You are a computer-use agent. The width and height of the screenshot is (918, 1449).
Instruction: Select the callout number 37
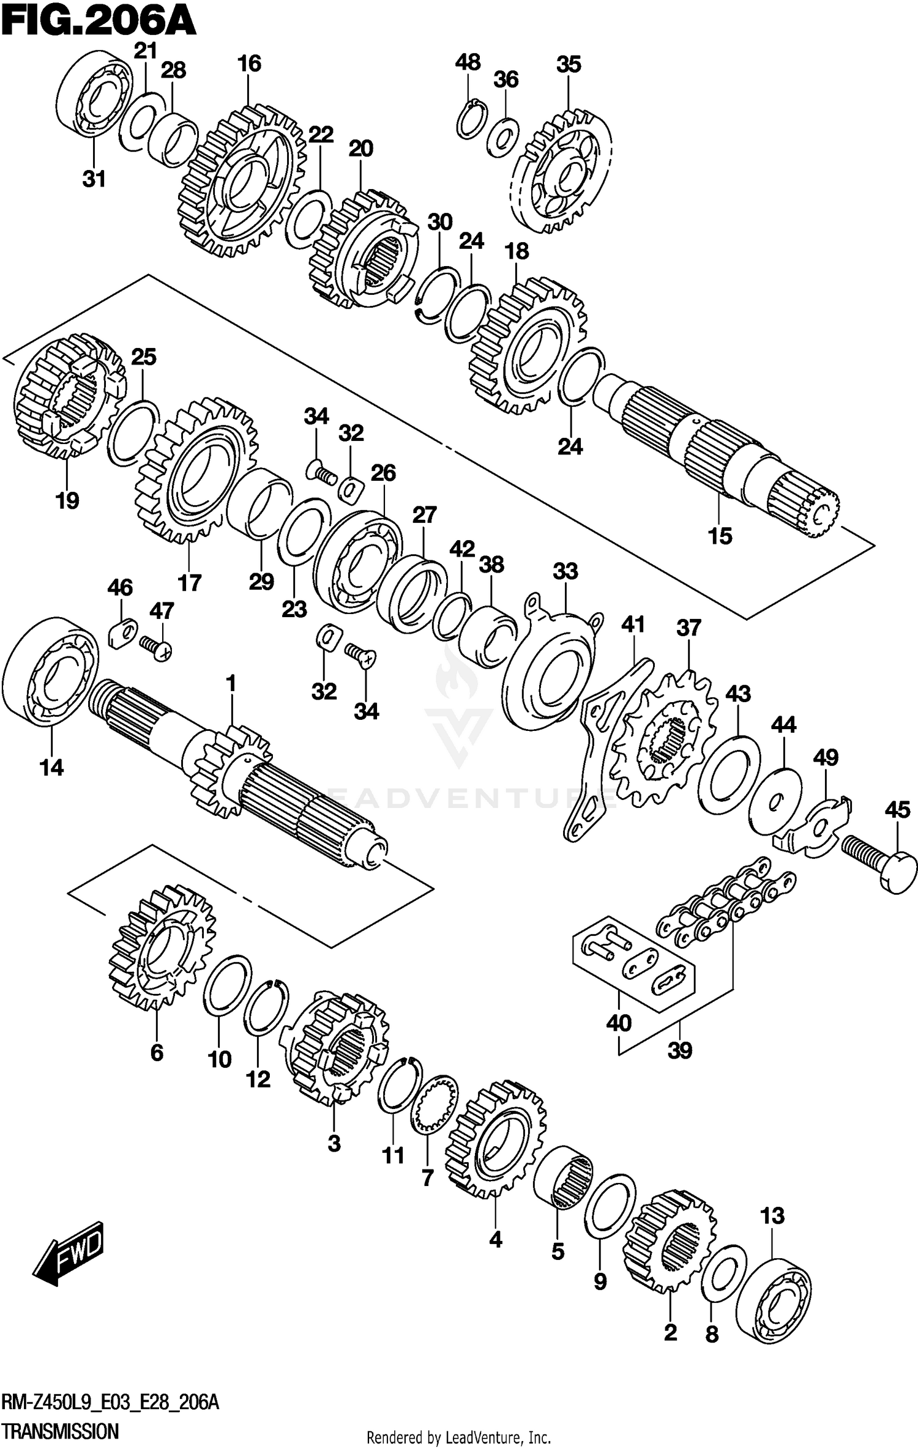(688, 628)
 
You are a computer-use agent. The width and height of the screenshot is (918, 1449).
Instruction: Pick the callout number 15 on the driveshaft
(720, 536)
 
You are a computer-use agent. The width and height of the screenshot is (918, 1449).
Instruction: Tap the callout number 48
(468, 62)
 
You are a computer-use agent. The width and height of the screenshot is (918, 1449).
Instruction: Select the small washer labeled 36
(504, 138)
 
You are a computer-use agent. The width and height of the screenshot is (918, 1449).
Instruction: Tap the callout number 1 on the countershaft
(231, 683)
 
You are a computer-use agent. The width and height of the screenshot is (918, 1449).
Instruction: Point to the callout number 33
(565, 571)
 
